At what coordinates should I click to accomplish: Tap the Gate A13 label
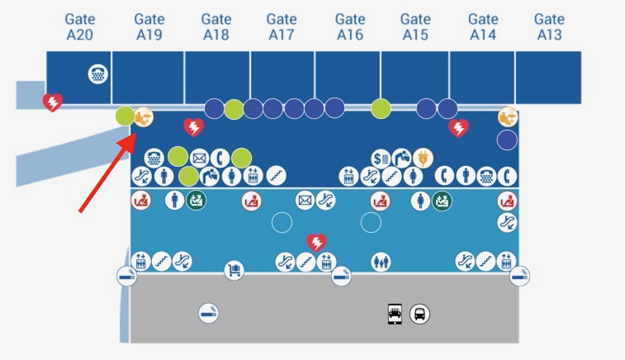(549, 26)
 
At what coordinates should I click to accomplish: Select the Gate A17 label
(282, 26)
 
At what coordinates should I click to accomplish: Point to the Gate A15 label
(415, 26)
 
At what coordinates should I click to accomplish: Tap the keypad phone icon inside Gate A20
(97, 74)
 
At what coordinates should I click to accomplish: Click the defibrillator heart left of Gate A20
(52, 102)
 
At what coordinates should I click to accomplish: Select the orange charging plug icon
(424, 156)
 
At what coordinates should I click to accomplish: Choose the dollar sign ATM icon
(381, 156)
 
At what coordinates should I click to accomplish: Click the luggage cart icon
(234, 270)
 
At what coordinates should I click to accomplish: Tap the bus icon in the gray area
(420, 314)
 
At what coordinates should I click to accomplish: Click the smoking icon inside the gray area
(209, 313)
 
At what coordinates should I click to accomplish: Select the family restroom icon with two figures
(381, 262)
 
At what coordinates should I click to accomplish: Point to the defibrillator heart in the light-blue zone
(316, 242)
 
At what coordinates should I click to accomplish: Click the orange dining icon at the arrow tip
(144, 117)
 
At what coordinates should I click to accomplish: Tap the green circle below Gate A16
(381, 108)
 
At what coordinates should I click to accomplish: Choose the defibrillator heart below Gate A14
(458, 128)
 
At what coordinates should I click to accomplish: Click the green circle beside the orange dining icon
(125, 116)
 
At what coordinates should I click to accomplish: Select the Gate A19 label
(149, 26)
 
